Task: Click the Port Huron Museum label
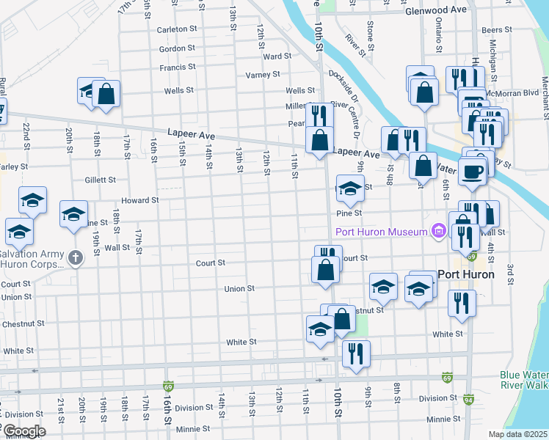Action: tap(381, 232)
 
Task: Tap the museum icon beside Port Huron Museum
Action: tap(439, 232)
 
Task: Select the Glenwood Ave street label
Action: tap(435, 10)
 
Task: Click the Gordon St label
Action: tap(176, 48)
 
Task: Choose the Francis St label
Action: tap(176, 67)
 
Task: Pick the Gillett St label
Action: tap(100, 180)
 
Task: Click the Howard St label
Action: tap(140, 200)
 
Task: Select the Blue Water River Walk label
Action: tap(524, 379)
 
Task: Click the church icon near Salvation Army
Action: tap(75, 257)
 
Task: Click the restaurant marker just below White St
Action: tap(356, 353)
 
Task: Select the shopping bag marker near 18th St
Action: tap(106, 94)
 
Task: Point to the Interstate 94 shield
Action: tap(469, 400)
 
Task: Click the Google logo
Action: tap(23, 431)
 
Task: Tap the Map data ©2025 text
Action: tap(517, 434)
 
